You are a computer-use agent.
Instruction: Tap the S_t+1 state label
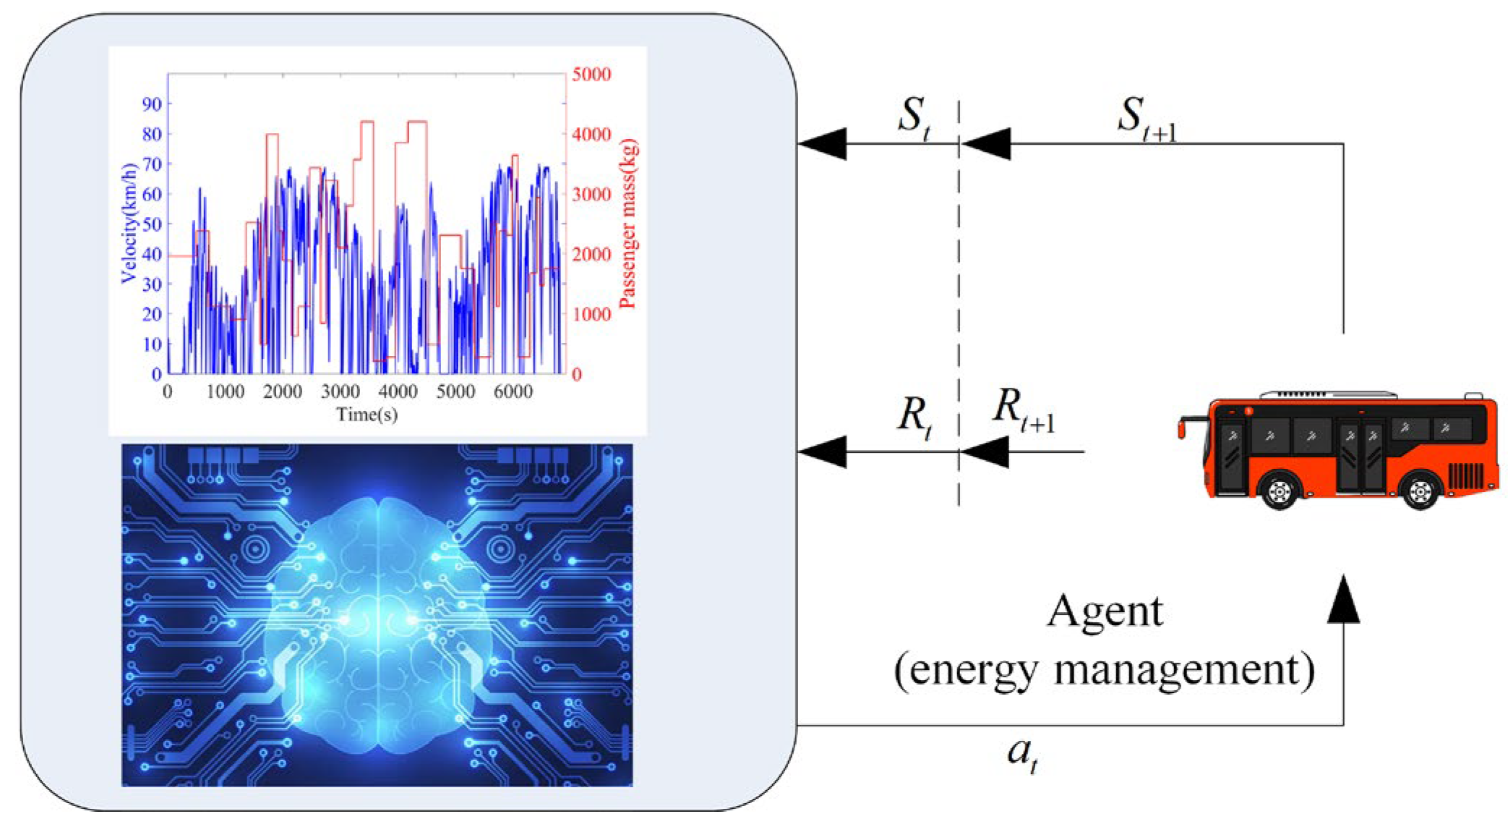pyautogui.click(x=1147, y=118)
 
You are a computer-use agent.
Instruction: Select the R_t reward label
pyautogui.click(x=913, y=418)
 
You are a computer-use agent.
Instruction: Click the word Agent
pyautogui.click(x=1105, y=612)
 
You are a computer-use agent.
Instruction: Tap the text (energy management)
pyautogui.click(x=1104, y=670)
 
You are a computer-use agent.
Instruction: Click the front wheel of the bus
pyautogui.click(x=1279, y=491)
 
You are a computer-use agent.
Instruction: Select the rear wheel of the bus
pyautogui.click(x=1420, y=491)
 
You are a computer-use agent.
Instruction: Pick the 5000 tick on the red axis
pyautogui.click(x=591, y=75)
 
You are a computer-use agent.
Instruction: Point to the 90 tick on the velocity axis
pyautogui.click(x=152, y=104)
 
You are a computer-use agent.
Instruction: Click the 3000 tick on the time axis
pyautogui.click(x=340, y=392)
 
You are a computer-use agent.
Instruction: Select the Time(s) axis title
pyautogui.click(x=367, y=415)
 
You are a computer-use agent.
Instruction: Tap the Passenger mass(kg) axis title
pyautogui.click(x=627, y=224)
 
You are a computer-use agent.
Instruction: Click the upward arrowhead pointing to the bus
pyautogui.click(x=1343, y=600)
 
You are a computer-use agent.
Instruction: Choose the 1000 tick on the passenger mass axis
pyautogui.click(x=591, y=315)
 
